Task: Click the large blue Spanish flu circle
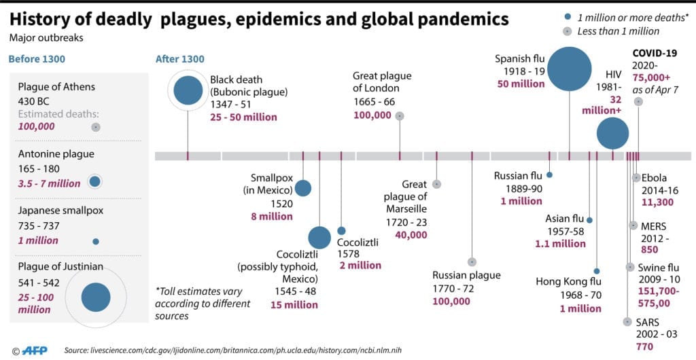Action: click(570, 68)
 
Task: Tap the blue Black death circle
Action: click(188, 91)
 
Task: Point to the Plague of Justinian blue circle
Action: click(95, 297)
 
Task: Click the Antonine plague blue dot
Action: click(95, 182)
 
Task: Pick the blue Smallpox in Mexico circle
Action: click(303, 188)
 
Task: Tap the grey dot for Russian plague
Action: click(472, 262)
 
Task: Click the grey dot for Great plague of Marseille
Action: click(436, 184)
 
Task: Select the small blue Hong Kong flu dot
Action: click(596, 271)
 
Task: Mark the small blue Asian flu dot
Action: click(589, 220)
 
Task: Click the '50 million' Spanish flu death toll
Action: click(521, 84)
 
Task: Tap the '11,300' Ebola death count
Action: click(657, 202)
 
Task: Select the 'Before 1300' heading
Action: click(37, 59)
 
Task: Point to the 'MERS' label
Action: click(652, 226)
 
